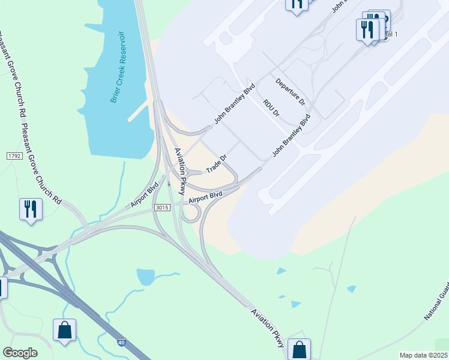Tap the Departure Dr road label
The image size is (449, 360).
tap(291, 92)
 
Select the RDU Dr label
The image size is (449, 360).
tap(271, 109)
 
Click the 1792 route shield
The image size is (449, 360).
tap(14, 156)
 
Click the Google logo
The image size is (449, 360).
tap(20, 353)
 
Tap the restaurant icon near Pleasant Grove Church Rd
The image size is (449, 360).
tap(30, 209)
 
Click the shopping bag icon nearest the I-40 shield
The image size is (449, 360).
tap(64, 331)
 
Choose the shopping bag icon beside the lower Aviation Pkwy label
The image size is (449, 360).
tap(299, 350)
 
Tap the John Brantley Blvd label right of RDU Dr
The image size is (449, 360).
tap(291, 136)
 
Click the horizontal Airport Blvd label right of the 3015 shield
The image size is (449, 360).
tap(205, 197)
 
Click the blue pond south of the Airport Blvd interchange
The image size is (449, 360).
tap(146, 277)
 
